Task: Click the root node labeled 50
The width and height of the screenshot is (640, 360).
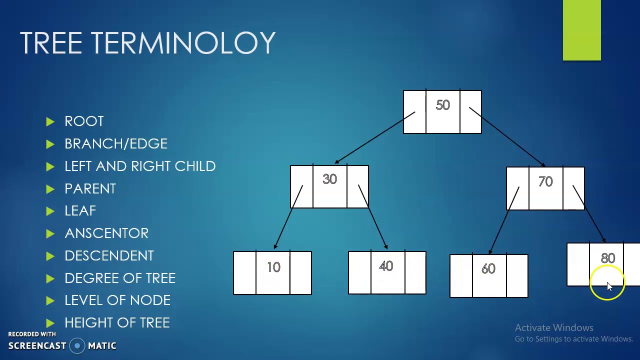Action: coord(442,111)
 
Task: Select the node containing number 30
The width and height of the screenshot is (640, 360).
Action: coord(329,186)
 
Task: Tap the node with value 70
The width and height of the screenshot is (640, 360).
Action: coord(545,188)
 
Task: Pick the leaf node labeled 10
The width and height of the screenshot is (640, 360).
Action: coord(272,272)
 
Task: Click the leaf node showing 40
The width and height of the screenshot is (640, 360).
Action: coord(387,272)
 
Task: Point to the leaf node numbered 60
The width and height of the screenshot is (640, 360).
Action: coord(489,275)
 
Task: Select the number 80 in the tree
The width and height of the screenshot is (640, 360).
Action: coord(608,258)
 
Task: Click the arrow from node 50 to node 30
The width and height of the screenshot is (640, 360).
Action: coord(375,138)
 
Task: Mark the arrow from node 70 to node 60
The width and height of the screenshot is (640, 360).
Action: coord(504,220)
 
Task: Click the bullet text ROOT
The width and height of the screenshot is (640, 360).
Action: coord(84,121)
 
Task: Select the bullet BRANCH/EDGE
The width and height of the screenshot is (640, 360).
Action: coord(116,144)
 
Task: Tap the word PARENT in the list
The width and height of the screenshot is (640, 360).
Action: coord(90,189)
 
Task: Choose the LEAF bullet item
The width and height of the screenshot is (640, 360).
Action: coord(80,211)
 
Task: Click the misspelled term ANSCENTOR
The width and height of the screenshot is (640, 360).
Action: coord(106,233)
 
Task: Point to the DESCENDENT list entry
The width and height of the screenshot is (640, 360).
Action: coord(109,256)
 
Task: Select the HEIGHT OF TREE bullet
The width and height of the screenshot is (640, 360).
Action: coord(117,323)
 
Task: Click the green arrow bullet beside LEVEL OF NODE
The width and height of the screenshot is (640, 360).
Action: coord(50,300)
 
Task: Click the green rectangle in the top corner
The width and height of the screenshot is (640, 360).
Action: coord(581,30)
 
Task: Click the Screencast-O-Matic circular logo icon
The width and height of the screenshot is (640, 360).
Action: coord(77,345)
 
